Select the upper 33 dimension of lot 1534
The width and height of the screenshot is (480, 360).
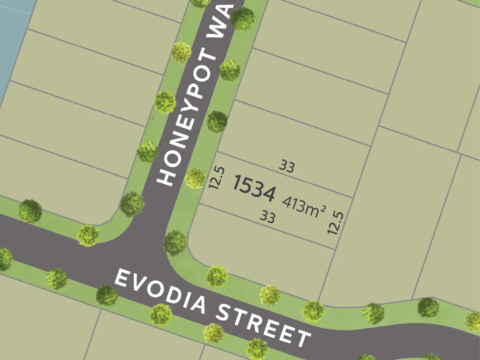pyautogui.click(x=287, y=166)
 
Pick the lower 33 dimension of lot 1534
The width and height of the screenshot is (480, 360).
pyautogui.click(x=267, y=216)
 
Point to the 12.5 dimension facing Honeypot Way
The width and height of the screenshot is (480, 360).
pyautogui.click(x=217, y=178)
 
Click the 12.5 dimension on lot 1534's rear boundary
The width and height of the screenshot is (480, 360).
pyautogui.click(x=336, y=223)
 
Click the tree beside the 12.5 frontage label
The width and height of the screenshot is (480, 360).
pyautogui.click(x=195, y=178)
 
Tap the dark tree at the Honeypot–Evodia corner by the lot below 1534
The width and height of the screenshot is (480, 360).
pyautogui.click(x=175, y=243)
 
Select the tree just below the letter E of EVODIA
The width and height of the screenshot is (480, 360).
pyautogui.click(x=107, y=295)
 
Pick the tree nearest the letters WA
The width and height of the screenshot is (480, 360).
pyautogui.click(x=243, y=18)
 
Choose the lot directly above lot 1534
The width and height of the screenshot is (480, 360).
pyautogui.click(x=293, y=134)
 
